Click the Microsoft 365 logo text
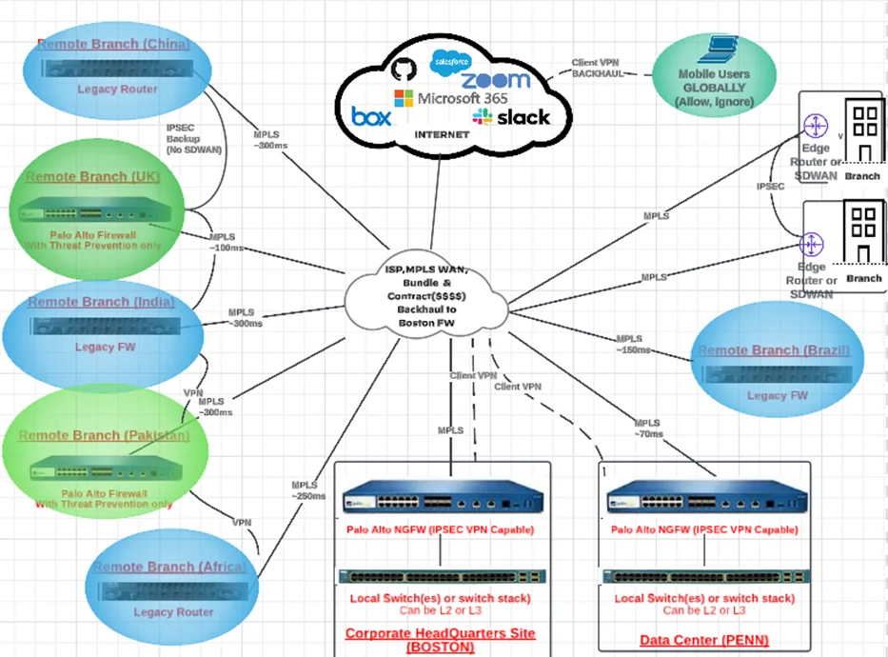click(451, 97)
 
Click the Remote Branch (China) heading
click(114, 44)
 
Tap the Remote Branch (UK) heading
click(93, 177)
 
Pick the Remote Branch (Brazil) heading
click(774, 350)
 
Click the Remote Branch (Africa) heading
click(169, 567)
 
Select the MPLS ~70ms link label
click(649, 428)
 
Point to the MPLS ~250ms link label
click(308, 490)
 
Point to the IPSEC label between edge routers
click(770, 188)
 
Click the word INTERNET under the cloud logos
click(443, 135)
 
